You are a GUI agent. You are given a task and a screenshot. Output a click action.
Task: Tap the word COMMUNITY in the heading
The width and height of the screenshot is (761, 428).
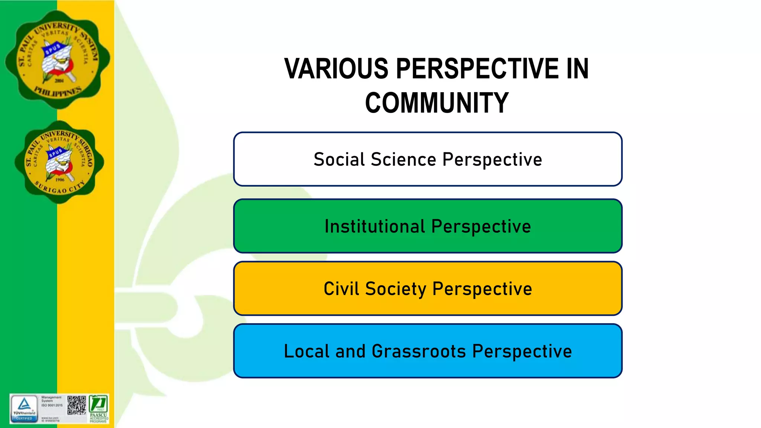(x=437, y=103)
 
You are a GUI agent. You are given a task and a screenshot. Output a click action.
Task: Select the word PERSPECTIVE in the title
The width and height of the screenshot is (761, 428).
(x=477, y=69)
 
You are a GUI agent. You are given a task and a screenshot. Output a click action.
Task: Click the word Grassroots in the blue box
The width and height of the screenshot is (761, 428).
(x=418, y=351)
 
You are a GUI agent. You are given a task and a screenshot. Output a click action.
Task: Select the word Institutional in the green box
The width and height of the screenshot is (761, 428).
(x=375, y=227)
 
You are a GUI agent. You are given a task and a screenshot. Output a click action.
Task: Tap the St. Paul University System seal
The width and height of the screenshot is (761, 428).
(x=58, y=59)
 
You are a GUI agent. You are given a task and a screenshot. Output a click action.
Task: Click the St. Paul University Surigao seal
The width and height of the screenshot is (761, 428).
(x=59, y=162)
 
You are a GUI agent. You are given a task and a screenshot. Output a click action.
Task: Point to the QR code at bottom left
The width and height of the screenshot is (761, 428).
(x=77, y=405)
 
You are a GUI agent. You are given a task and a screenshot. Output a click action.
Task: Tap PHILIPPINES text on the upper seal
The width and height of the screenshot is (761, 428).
(x=58, y=91)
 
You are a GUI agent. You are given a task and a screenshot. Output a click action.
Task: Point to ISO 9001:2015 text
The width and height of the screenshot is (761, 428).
(x=52, y=405)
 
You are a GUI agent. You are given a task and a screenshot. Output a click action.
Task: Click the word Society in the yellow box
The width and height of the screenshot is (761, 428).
(x=395, y=289)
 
